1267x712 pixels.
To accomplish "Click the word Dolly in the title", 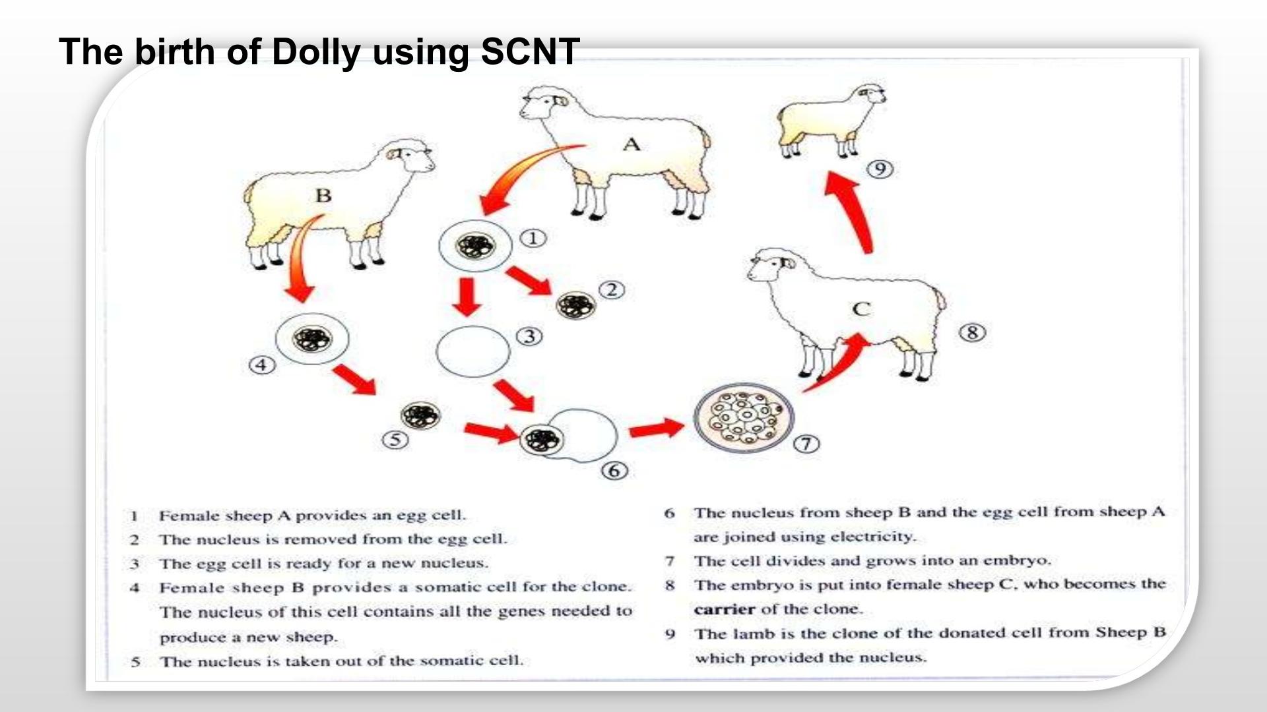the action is click(316, 53).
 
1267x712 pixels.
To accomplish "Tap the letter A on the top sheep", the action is click(632, 144).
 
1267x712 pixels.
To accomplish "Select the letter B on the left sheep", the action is click(323, 195).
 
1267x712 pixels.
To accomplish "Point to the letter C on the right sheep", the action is click(861, 309).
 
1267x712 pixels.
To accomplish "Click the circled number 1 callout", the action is click(533, 238).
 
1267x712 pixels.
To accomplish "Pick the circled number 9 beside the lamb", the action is click(880, 169).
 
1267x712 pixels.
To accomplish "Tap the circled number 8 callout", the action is click(972, 332).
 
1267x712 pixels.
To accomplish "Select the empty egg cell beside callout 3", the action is click(473, 351).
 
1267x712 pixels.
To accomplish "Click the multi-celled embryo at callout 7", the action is click(744, 417).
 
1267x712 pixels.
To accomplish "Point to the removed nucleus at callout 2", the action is click(575, 305).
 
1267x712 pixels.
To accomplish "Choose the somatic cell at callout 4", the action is click(311, 340).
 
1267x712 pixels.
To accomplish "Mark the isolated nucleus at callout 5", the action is click(420, 415).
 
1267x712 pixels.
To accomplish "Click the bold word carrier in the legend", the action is click(724, 609).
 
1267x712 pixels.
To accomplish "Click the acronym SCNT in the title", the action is click(530, 51).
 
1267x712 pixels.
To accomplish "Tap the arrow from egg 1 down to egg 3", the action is click(468, 297).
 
